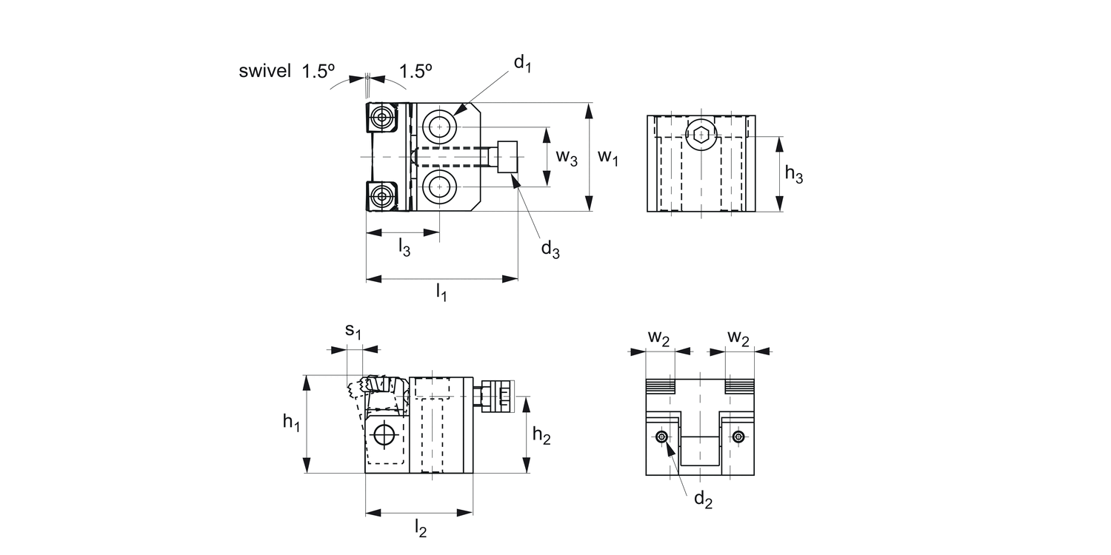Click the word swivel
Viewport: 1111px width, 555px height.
click(264, 72)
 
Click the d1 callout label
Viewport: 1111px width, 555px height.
click(523, 64)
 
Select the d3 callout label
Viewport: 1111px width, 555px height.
click(550, 249)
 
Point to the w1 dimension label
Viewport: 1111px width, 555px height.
click(608, 157)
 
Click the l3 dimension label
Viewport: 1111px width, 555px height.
click(404, 247)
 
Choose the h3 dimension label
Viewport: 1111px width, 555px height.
click(794, 175)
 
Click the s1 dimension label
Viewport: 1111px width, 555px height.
click(355, 332)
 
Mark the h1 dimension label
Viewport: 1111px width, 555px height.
click(292, 423)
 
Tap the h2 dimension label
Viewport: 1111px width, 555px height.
click(541, 436)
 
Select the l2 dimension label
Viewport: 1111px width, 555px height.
click(420, 528)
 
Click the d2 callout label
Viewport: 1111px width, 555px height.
click(703, 500)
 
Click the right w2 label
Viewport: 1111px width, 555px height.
click(738, 337)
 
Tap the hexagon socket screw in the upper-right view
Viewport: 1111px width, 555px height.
click(701, 134)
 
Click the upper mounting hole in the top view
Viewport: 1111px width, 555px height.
click(440, 127)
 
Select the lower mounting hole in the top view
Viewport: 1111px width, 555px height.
click(440, 187)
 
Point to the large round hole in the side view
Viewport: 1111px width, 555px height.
click(384, 435)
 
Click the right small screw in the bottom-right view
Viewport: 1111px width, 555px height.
click(738, 437)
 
